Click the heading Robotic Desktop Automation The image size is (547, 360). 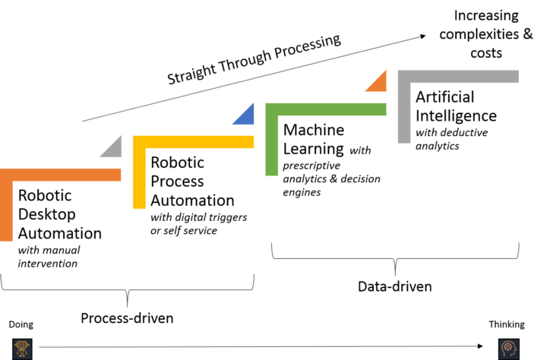(59, 214)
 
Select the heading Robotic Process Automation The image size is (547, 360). (192, 182)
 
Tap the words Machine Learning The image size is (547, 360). (313, 140)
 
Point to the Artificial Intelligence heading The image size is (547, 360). (456, 107)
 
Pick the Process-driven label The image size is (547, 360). (127, 318)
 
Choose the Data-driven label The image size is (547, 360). (394, 286)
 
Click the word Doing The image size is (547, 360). (21, 325)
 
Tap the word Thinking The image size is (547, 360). (506, 325)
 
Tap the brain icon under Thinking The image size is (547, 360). (507, 348)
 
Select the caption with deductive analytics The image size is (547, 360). (452, 139)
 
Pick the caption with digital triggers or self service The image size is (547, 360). (198, 223)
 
